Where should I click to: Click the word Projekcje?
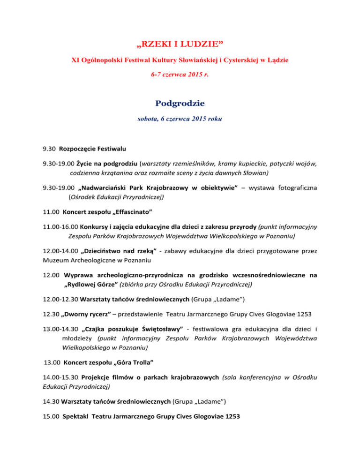[97, 377]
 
